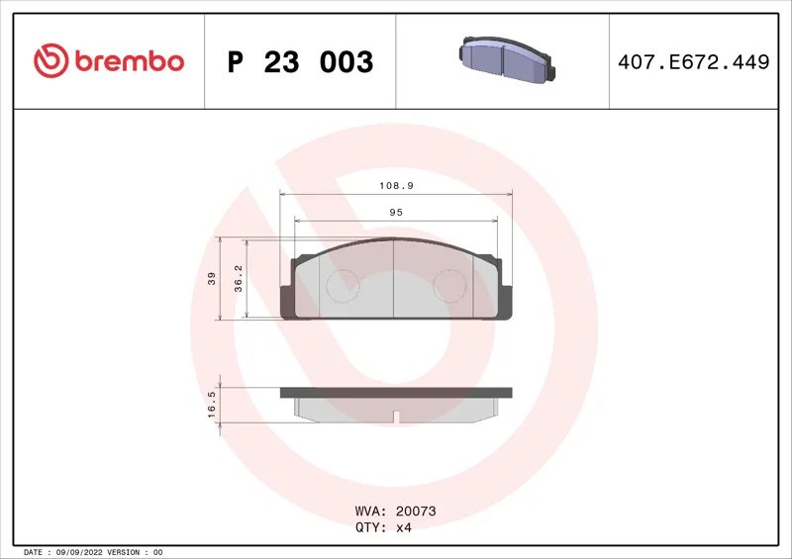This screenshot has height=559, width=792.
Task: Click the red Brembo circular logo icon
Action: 51,60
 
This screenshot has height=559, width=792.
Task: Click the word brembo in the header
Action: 130,61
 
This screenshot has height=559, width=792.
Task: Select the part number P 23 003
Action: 300,62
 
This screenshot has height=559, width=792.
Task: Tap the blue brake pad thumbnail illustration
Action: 507,59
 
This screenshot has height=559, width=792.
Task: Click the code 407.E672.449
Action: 694,62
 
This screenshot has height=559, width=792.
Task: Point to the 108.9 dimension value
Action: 397,186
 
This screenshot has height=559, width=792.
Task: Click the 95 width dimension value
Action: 396,213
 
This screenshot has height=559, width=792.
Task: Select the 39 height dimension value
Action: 212,278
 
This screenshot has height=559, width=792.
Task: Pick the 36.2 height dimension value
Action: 239,278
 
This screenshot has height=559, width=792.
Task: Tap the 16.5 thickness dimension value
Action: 212,405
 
